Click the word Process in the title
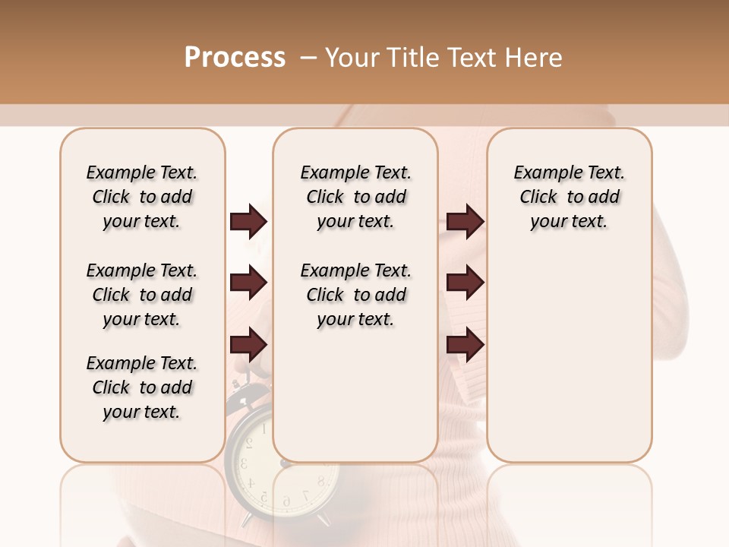(x=235, y=58)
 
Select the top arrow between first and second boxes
(x=248, y=222)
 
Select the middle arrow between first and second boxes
(x=248, y=283)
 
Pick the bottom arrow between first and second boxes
(x=248, y=345)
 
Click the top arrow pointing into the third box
(x=465, y=222)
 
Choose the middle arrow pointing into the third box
(x=465, y=283)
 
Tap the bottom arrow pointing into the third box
(x=465, y=345)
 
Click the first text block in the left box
(x=142, y=197)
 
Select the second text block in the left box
(x=142, y=295)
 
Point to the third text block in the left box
(x=142, y=387)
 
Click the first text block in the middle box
(x=355, y=197)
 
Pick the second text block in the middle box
(x=355, y=295)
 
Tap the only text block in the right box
(x=569, y=197)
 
